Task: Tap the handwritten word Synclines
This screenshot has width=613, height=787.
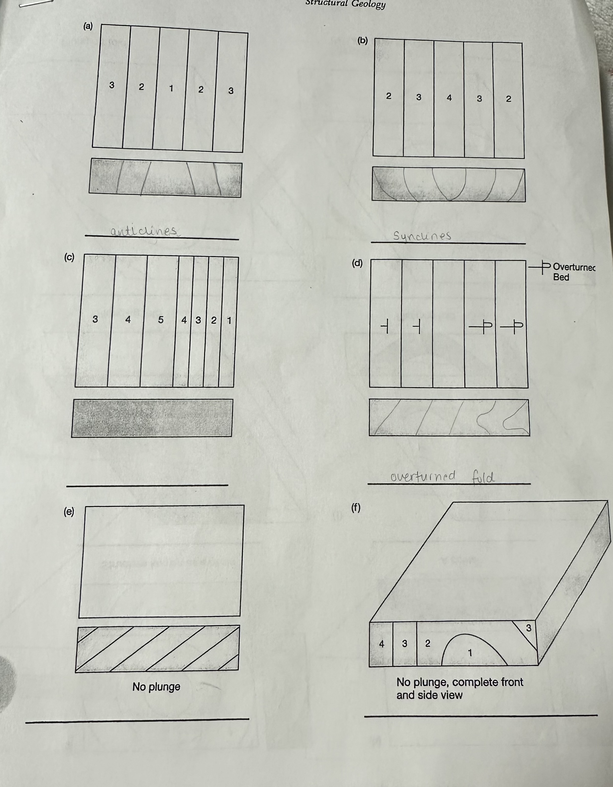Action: coord(422,236)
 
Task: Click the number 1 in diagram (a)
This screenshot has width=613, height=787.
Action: coord(171,88)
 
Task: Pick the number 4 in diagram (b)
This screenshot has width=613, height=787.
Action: coord(449,98)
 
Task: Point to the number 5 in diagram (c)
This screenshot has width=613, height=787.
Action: coord(161,320)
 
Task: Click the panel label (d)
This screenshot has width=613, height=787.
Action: coord(357,263)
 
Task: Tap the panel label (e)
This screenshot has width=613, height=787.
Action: coord(69,511)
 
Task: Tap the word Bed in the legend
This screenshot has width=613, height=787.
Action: coord(561,277)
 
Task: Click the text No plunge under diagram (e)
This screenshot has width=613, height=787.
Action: coord(156,686)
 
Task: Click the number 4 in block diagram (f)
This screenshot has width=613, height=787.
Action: coord(382,644)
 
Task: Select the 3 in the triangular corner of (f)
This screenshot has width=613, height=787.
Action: coord(528,628)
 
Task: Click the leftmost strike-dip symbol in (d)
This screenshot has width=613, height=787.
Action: coord(385,327)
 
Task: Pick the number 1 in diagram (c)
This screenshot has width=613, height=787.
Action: coord(229,320)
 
